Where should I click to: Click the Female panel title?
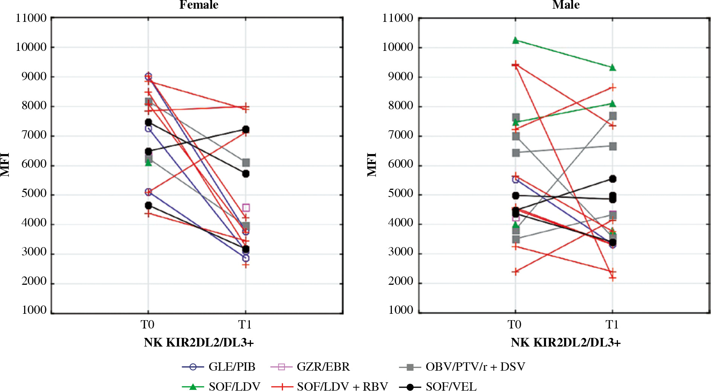tap(199, 5)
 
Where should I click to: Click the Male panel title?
tap(566, 5)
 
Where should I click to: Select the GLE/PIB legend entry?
tap(219, 367)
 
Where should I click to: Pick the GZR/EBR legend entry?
tap(310, 367)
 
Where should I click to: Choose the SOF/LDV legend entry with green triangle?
tap(221, 386)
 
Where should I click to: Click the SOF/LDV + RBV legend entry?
tap(330, 386)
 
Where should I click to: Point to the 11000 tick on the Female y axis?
tap(31, 18)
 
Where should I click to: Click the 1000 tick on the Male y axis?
tap(401, 310)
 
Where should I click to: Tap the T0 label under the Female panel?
tap(148, 324)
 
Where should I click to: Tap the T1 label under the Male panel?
tap(612, 324)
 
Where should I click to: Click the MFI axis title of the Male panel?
tap(372, 165)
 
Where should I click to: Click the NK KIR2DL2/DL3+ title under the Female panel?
tap(199, 342)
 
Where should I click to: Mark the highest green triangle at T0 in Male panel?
tap(516, 40)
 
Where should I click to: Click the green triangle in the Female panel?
tap(148, 163)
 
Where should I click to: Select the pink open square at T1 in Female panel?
tap(246, 208)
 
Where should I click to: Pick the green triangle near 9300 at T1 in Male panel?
tap(613, 68)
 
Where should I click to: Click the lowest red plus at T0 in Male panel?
tap(516, 272)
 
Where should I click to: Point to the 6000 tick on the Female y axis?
tap(34, 165)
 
